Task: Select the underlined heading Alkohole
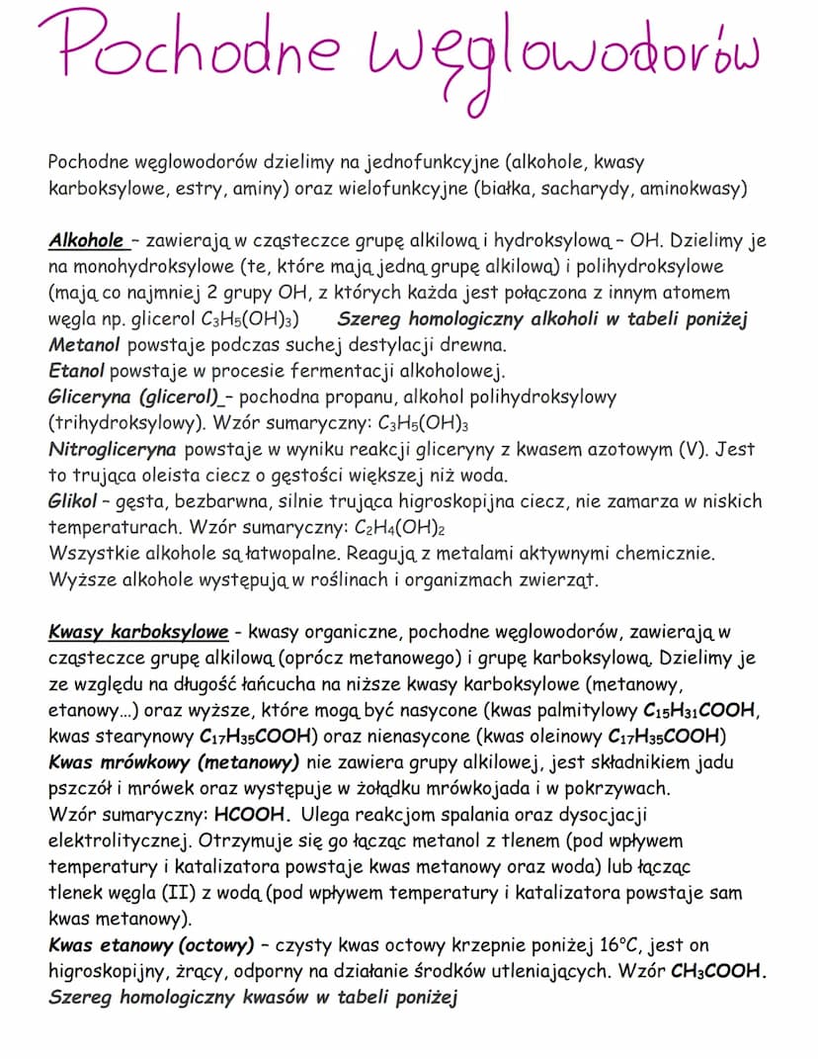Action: tap(87, 240)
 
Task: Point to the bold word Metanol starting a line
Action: tap(84, 345)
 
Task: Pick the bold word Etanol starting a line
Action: tap(77, 371)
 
